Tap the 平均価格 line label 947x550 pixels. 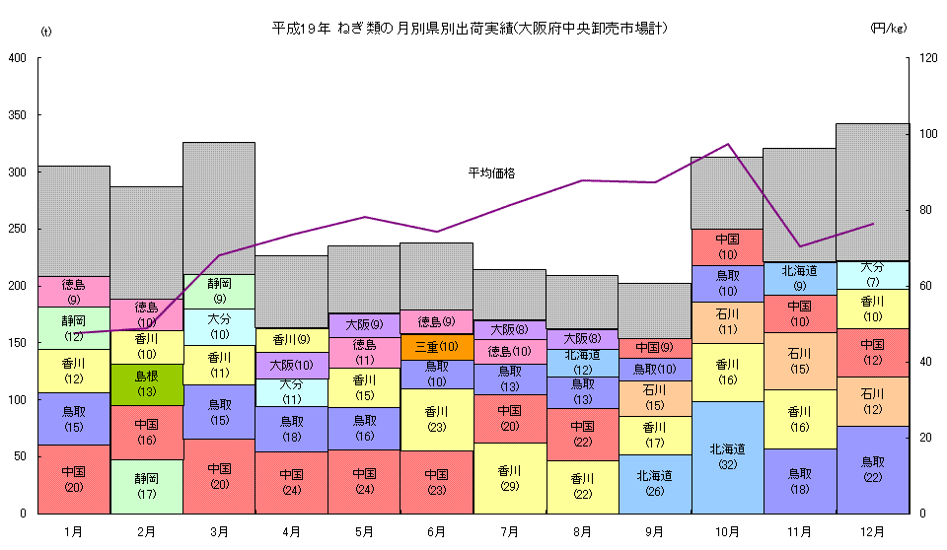coord(491,173)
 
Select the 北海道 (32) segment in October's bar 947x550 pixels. coord(727,456)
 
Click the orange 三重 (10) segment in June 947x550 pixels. coord(436,347)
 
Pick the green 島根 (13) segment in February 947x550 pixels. coord(146,384)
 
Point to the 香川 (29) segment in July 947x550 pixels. coord(509,478)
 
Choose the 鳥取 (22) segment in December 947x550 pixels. coord(872,469)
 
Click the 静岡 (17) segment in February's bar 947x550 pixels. coord(146,486)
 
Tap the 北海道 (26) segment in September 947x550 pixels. coord(654,483)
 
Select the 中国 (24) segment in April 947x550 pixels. coord(291,482)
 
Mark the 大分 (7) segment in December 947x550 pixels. coord(872,275)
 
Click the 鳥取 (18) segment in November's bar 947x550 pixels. coord(799,481)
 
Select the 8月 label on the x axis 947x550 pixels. coord(582,531)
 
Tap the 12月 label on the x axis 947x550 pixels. coord(872,531)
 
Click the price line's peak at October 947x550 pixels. coord(727,144)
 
